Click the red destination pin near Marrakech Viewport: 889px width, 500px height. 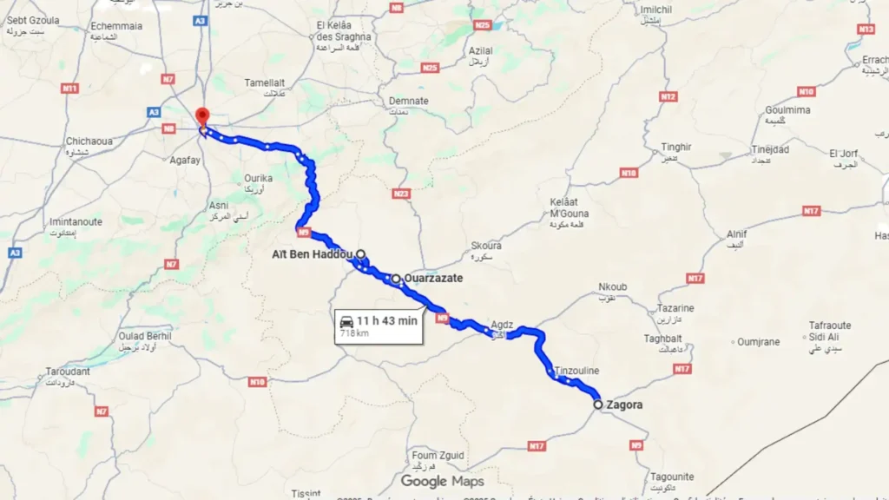(x=202, y=117)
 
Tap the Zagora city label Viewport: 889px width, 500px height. (x=624, y=405)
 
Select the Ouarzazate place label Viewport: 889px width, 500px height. (x=433, y=279)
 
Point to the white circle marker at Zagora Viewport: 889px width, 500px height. (x=598, y=405)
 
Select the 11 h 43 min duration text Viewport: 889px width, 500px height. (x=387, y=321)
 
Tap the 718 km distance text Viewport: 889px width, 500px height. (x=354, y=332)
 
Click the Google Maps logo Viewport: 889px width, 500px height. (x=442, y=481)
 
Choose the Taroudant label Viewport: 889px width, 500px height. (x=68, y=372)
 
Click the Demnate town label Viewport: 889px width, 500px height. (x=408, y=101)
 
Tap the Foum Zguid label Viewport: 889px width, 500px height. (x=438, y=456)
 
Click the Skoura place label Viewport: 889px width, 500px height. (x=485, y=246)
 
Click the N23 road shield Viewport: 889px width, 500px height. (x=401, y=194)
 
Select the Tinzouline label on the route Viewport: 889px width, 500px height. (x=576, y=371)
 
